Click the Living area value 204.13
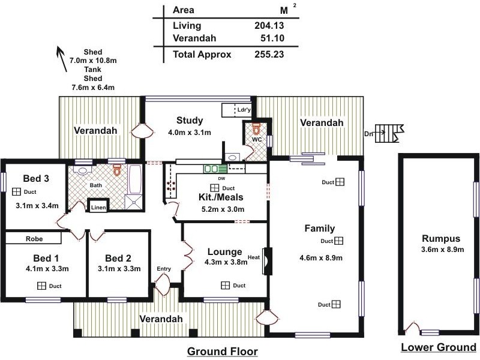269,26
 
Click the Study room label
190,121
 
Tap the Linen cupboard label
98,208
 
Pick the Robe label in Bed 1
34,238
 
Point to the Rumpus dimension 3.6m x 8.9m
442,249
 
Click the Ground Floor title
223,351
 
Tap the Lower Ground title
439,347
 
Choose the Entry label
164,269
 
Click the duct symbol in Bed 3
16,192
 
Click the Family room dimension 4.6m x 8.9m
320,259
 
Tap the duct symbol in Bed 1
42,286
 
